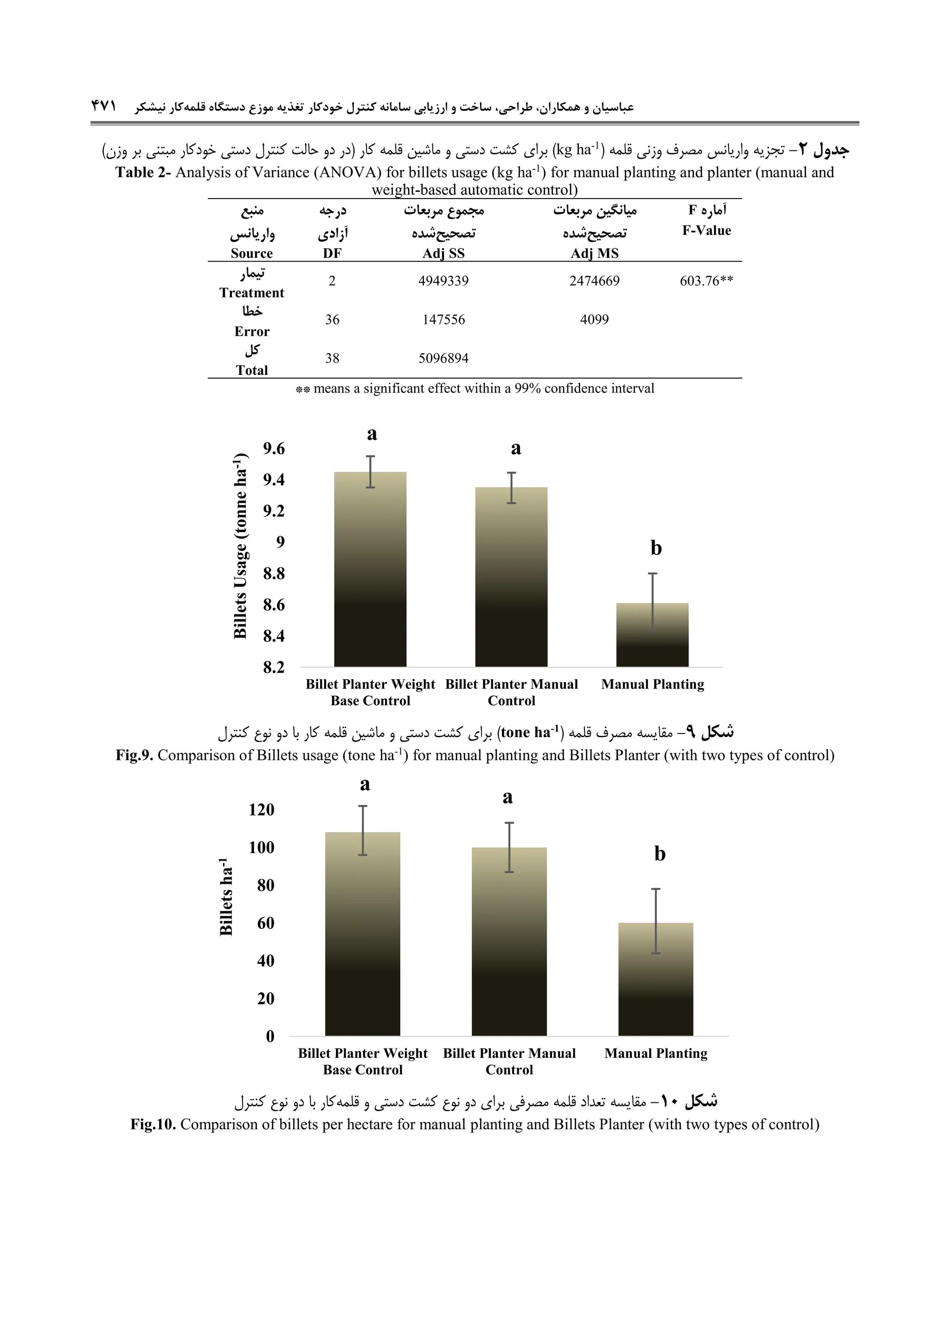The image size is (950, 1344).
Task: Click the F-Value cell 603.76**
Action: pos(706,281)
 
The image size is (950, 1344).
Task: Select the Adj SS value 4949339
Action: pos(443,281)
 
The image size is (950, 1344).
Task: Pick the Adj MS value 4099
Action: pos(594,320)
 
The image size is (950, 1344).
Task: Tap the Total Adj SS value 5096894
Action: pos(443,358)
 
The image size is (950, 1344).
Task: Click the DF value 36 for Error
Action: pos(332,320)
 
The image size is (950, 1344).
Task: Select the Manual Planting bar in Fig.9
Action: pos(652,635)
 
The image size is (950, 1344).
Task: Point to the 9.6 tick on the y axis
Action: pos(273,449)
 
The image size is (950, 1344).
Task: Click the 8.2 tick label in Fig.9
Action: pos(273,667)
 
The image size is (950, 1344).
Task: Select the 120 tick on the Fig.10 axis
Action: pos(261,810)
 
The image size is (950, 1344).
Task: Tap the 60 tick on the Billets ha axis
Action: pos(265,923)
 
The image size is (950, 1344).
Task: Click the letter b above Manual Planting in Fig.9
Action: pos(655,548)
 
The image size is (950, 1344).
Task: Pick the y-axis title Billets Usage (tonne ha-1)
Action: pos(240,546)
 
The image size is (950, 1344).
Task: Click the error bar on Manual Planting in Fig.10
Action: pos(655,921)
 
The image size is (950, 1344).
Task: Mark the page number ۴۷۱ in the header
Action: pos(103,107)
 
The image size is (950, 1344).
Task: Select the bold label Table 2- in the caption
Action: pos(143,173)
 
